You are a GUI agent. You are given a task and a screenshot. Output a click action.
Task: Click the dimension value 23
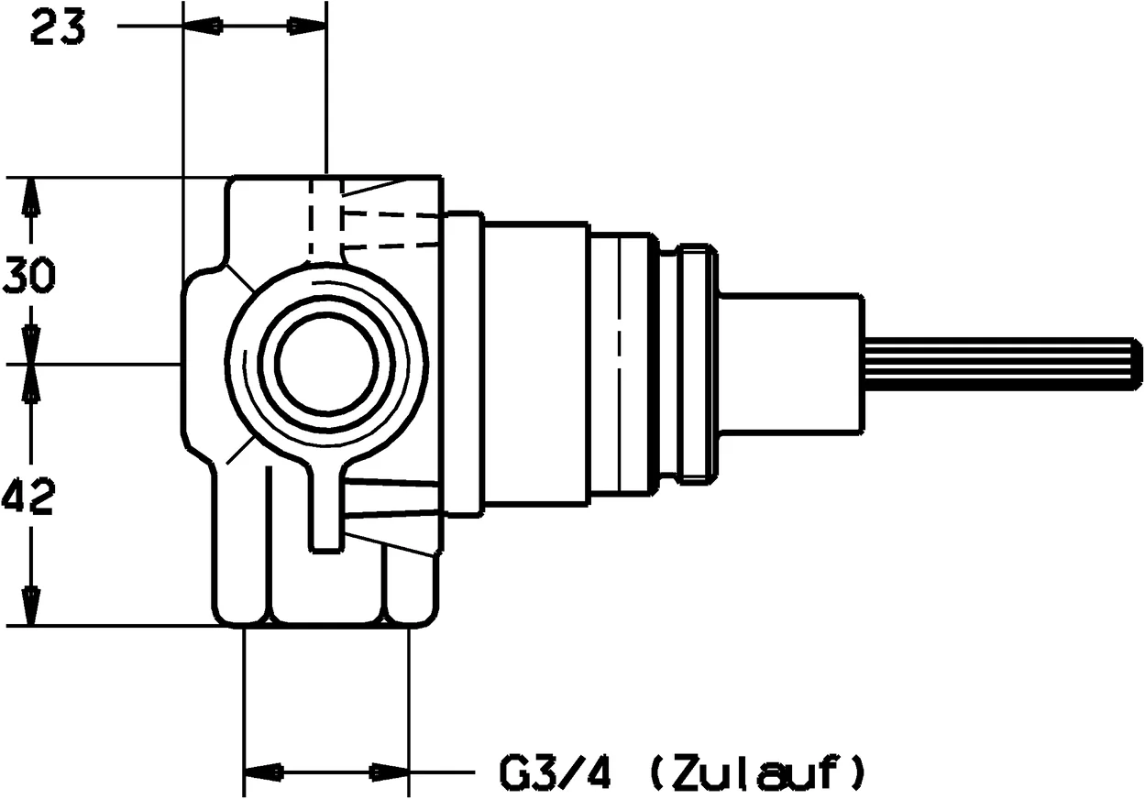click(x=58, y=28)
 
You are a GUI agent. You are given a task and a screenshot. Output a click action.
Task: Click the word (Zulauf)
click(x=755, y=772)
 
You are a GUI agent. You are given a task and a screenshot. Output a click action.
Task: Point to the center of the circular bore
click(x=326, y=363)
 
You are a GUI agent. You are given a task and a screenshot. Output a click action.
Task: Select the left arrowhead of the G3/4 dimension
click(x=262, y=773)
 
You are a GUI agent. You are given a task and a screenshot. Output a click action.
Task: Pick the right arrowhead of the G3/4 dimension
click(x=390, y=773)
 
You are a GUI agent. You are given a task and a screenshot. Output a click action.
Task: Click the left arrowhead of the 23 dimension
click(x=203, y=27)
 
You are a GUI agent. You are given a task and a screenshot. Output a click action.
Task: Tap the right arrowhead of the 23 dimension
click(x=307, y=27)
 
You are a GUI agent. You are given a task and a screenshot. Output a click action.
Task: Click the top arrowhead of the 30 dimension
click(x=31, y=196)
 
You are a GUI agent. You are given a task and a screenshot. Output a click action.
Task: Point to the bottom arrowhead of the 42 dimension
click(x=31, y=606)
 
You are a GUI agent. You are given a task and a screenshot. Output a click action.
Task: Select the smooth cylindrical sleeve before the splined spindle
click(x=790, y=363)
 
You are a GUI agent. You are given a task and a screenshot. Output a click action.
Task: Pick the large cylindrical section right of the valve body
click(x=535, y=363)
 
